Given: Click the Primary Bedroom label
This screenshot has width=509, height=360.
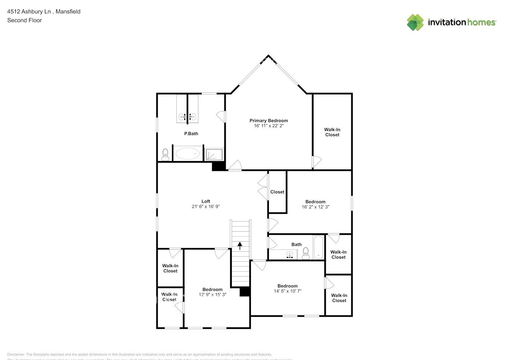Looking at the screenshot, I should click(x=269, y=121).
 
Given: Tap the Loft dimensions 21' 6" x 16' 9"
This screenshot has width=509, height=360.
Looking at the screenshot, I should click(x=206, y=207).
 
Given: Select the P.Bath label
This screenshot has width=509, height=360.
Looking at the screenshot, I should click(x=191, y=134).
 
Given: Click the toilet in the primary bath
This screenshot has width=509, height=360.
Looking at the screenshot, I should click(x=165, y=154).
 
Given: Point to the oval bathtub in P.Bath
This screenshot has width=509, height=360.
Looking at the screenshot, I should click(x=188, y=154).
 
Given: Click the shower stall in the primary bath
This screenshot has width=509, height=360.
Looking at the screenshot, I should click(x=214, y=154).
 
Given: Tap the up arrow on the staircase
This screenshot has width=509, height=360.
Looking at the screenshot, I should click(x=240, y=246).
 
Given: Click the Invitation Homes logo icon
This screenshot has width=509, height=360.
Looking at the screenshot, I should click(x=415, y=22).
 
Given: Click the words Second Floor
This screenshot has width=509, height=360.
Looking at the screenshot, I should click(x=24, y=20).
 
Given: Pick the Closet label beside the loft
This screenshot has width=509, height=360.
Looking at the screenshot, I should click(x=277, y=192).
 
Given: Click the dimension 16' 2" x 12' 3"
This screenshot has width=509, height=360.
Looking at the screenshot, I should click(x=315, y=207).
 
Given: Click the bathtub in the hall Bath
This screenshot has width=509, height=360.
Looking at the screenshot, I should click(x=318, y=247).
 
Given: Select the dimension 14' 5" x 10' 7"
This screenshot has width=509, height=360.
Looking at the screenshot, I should click(x=287, y=291).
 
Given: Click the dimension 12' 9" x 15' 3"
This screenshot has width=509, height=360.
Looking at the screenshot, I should click(x=212, y=294).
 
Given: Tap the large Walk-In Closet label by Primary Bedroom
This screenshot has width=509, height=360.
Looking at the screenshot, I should click(x=332, y=132).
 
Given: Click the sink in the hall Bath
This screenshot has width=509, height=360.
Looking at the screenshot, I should click(x=289, y=255).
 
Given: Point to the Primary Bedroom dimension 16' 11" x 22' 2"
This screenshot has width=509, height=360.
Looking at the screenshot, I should click(x=269, y=126).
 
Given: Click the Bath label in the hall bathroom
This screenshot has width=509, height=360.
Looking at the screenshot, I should click(x=296, y=244).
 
